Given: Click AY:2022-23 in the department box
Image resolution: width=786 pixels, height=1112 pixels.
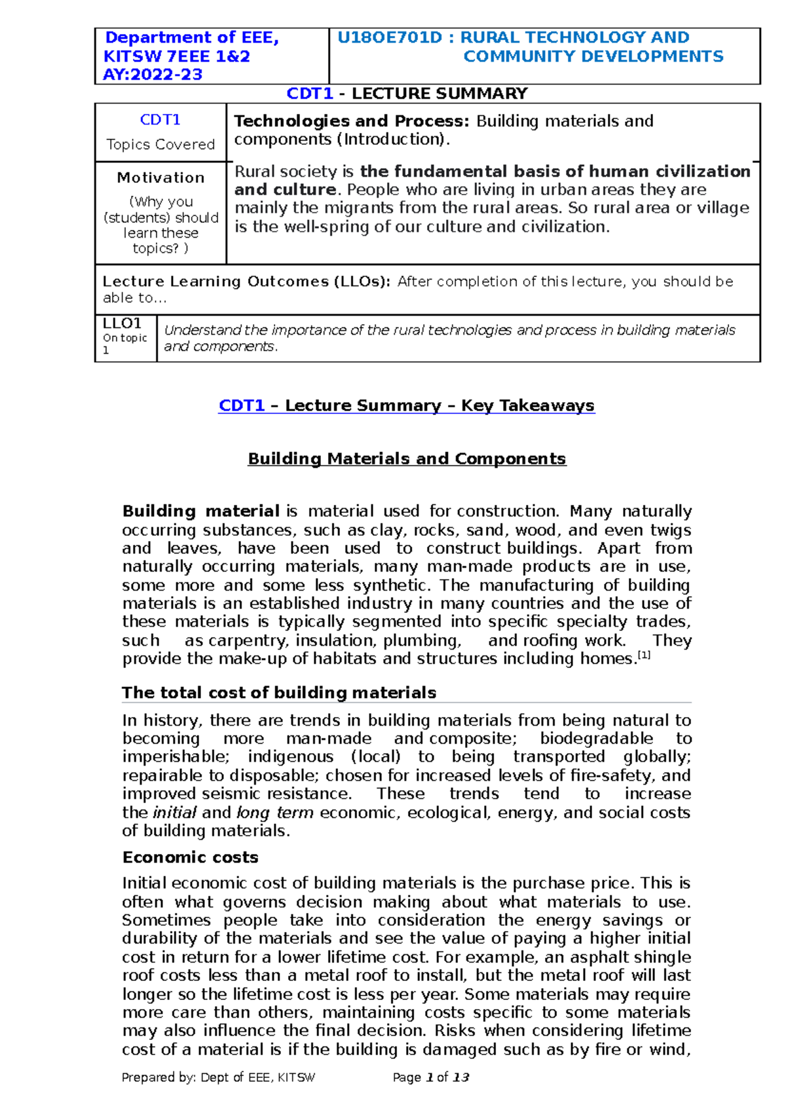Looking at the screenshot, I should pyautogui.click(x=153, y=75).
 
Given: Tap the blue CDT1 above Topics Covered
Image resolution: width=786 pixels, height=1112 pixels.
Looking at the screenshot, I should pyautogui.click(x=160, y=120).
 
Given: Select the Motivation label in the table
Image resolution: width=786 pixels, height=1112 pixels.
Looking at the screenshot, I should pyautogui.click(x=160, y=177).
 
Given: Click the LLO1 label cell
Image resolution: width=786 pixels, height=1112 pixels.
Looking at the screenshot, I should pyautogui.click(x=122, y=324).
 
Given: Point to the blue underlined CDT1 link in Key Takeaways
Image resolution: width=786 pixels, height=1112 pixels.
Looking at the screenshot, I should pyautogui.click(x=242, y=405).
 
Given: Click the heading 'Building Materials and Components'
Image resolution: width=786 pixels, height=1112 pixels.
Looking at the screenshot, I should pyautogui.click(x=407, y=458).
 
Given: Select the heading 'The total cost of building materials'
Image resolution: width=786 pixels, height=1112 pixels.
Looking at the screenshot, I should pyautogui.click(x=279, y=693).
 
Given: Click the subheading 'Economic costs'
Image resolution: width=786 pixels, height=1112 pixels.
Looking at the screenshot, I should pyautogui.click(x=190, y=857).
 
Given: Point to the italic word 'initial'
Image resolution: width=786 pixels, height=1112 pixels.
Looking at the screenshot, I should pyautogui.click(x=174, y=813).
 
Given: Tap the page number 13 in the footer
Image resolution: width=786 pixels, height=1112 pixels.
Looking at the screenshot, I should pyautogui.click(x=461, y=1077).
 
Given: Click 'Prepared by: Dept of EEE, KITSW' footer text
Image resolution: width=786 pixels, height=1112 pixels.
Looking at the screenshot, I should pyautogui.click(x=218, y=1077).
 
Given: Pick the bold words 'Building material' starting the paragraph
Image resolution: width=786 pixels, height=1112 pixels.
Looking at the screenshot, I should pyautogui.click(x=201, y=511).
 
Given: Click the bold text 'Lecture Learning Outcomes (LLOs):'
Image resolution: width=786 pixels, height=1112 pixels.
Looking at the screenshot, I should pyautogui.click(x=246, y=282).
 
